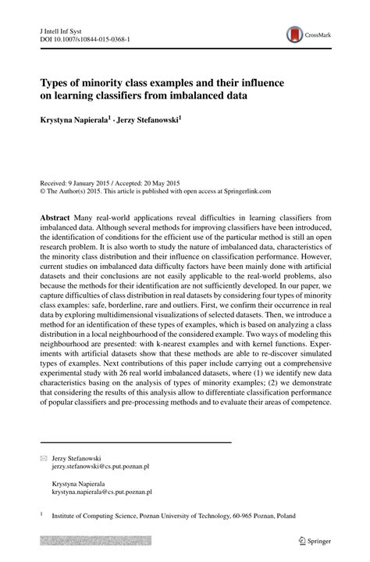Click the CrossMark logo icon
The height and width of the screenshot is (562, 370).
tap(295, 34)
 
